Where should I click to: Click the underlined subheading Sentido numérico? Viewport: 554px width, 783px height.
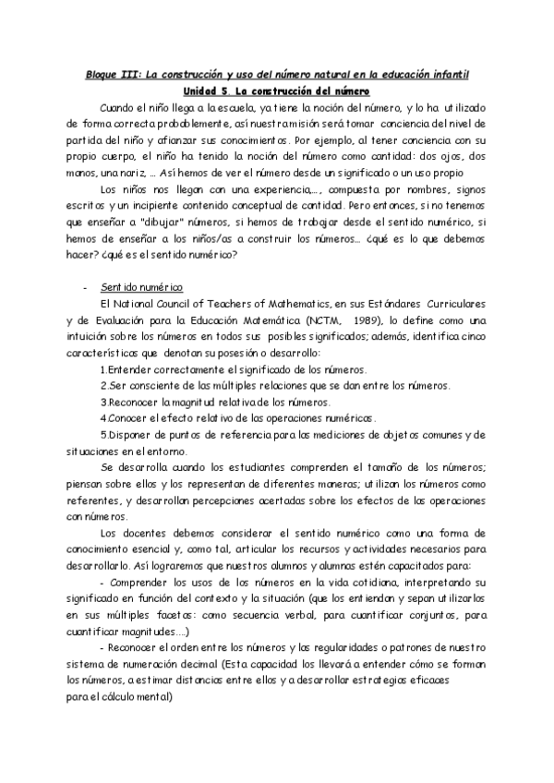coord(142,288)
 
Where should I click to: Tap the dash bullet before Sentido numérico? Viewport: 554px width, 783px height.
coord(86,288)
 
